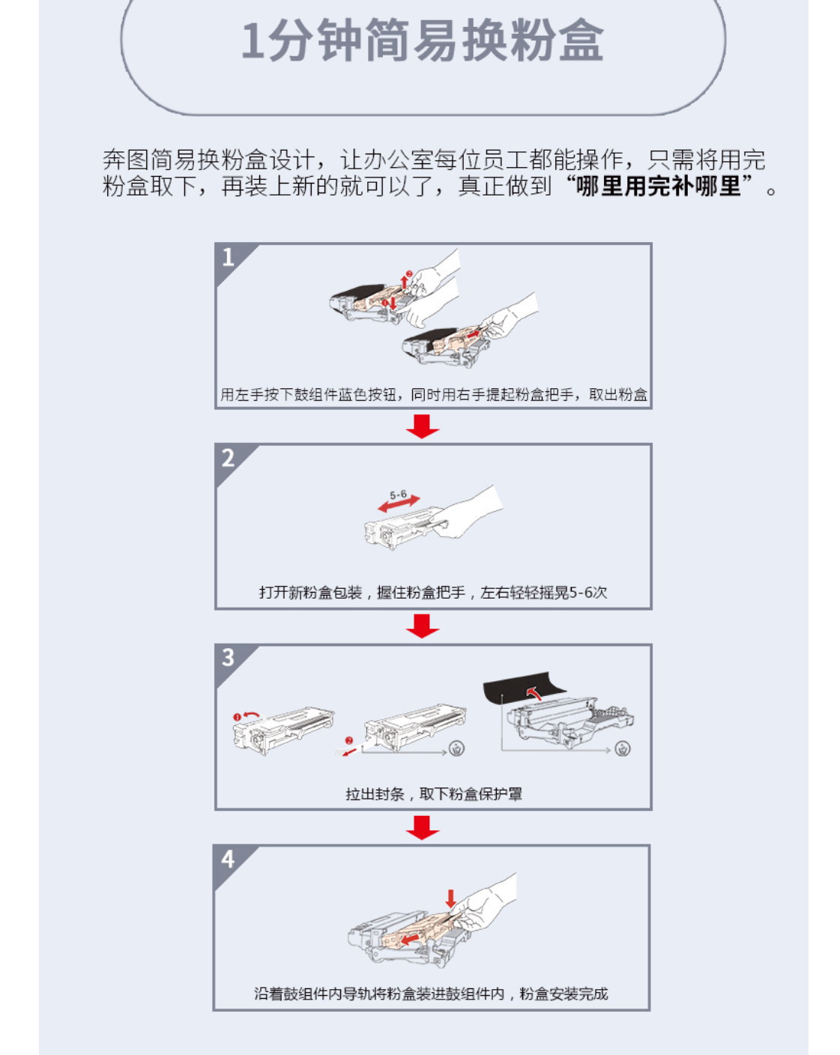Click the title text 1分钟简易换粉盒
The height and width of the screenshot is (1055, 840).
tap(422, 40)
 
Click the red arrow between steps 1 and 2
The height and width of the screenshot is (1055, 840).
tap(423, 426)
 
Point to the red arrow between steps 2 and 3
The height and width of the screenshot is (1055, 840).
tap(423, 626)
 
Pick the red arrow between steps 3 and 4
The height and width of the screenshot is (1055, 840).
tap(423, 827)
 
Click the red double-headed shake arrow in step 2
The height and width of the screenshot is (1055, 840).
tap(399, 504)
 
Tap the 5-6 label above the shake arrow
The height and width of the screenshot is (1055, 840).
tap(398, 495)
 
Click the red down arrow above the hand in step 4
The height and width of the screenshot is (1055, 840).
tap(450, 898)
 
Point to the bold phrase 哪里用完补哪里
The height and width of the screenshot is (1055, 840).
tap(658, 187)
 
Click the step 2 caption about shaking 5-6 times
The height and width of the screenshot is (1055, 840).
tap(433, 593)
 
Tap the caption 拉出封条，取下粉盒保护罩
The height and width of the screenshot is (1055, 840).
tap(433, 793)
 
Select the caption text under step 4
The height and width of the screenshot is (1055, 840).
tap(431, 994)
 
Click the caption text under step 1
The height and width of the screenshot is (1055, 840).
tap(433, 394)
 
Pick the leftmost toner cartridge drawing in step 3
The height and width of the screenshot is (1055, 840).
tap(283, 731)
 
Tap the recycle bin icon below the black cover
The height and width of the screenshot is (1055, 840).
tap(622, 749)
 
